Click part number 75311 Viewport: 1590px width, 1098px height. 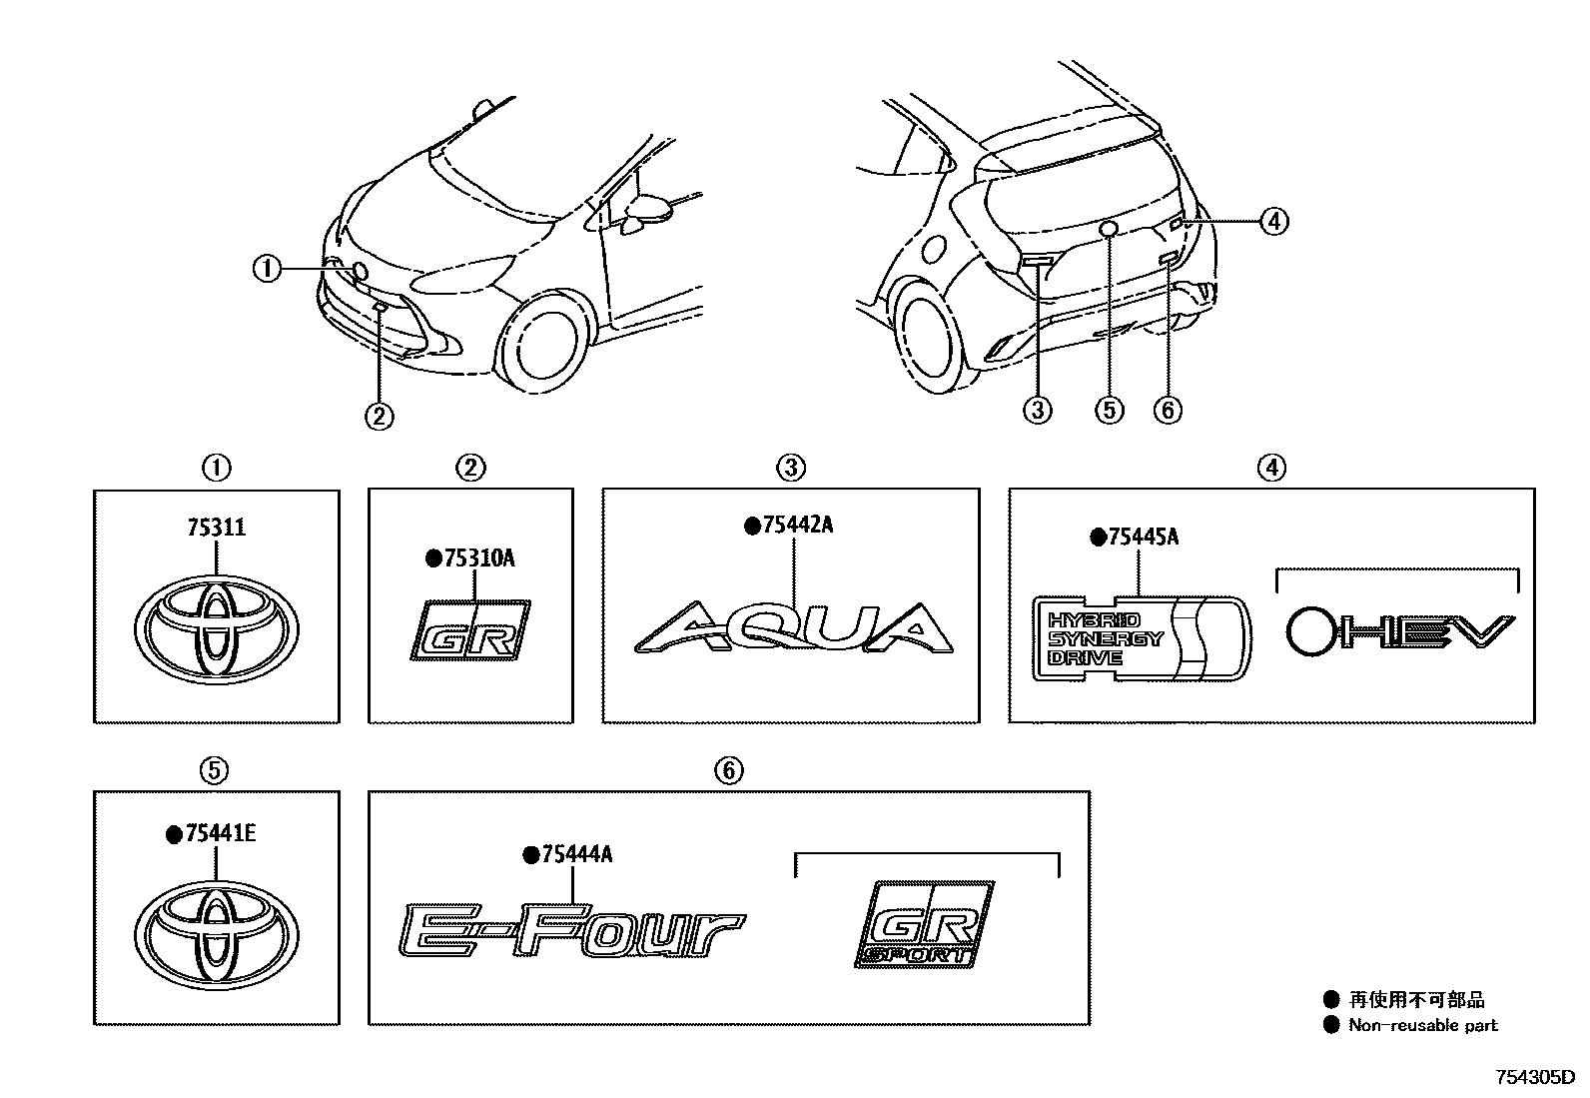[x=215, y=527]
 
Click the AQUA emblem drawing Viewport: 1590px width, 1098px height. [x=795, y=629]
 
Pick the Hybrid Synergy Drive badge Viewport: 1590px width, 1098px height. [x=1140, y=639]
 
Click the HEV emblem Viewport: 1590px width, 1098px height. [x=1399, y=631]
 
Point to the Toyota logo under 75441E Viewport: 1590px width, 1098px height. [x=217, y=931]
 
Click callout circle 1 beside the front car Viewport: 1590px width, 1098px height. [x=267, y=269]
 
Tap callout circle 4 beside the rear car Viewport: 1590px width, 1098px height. [x=1273, y=220]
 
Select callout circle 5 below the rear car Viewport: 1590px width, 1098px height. [x=1108, y=409]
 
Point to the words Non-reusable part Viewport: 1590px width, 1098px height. [x=1422, y=1024]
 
